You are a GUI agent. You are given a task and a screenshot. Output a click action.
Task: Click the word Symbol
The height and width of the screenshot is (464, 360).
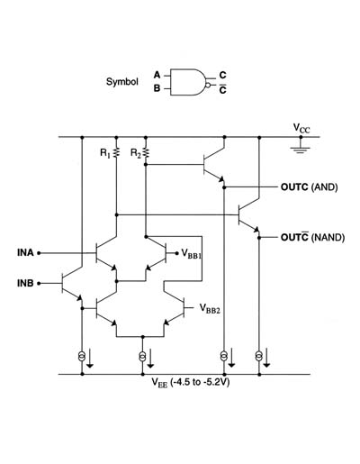tap(122, 82)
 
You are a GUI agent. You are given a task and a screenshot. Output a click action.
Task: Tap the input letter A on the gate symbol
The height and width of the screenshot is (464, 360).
tap(157, 75)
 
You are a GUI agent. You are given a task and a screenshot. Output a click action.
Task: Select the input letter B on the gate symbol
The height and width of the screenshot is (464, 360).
tap(157, 88)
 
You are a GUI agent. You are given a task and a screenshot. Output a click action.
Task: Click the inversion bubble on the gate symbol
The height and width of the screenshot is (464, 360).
tap(208, 86)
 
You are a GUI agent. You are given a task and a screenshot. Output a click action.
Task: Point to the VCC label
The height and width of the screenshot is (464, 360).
tap(301, 128)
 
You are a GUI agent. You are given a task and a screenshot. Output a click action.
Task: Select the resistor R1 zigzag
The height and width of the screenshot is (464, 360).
tap(117, 152)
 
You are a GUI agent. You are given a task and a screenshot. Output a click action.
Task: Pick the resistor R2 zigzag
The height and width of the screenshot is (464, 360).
tap(146, 152)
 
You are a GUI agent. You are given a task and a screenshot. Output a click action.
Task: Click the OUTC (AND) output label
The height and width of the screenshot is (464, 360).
tap(310, 187)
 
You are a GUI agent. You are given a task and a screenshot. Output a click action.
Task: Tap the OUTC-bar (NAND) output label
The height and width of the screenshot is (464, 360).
tap(312, 237)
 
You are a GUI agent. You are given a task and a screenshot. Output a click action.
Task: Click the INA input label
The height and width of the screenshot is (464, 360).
tap(25, 253)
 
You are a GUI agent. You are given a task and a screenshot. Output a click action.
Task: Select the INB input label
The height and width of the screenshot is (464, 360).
tap(25, 283)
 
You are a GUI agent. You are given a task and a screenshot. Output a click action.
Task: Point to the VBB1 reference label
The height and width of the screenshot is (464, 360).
tap(192, 254)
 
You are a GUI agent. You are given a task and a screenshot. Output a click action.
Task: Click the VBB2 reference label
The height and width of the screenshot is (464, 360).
tap(210, 309)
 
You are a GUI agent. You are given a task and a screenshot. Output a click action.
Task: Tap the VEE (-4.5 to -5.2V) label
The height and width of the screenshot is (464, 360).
tap(191, 383)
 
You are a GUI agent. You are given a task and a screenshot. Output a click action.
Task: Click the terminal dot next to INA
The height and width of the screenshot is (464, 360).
tap(39, 253)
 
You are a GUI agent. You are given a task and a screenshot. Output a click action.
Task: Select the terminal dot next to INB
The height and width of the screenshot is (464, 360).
tap(39, 283)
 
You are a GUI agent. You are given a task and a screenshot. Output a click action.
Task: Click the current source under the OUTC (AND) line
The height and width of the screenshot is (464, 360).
tap(224, 356)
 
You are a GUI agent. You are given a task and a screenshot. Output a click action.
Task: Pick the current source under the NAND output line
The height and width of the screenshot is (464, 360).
tap(259, 356)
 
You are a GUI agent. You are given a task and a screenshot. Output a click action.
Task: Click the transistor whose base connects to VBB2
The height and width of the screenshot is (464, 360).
tap(175, 310)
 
